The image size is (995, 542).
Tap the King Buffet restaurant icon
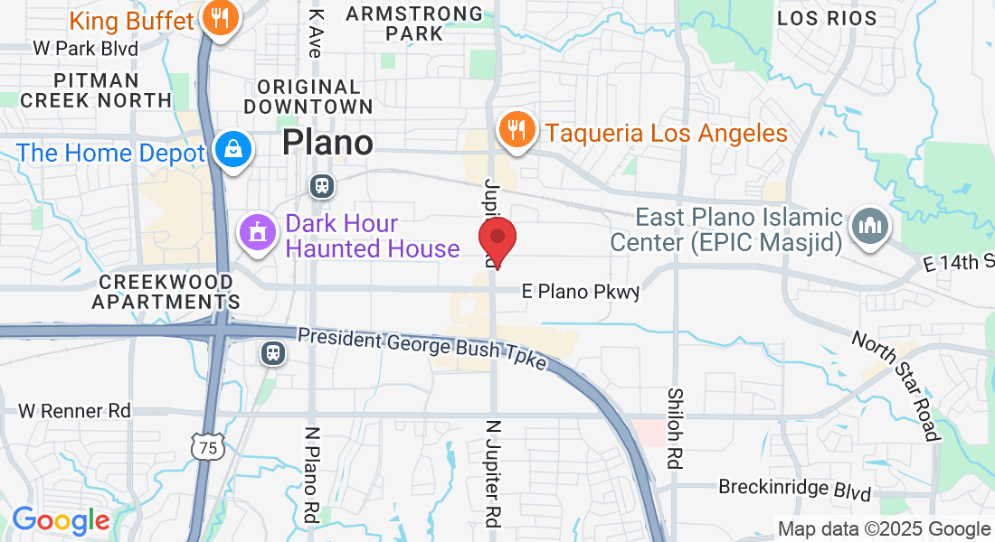coord(220,19)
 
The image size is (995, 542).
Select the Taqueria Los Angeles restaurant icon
coord(516,132)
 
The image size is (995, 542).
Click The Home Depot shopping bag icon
coord(233,151)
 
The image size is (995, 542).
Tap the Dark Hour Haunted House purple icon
coord(257,234)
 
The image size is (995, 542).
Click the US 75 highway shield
coord(209,444)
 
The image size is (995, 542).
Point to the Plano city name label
coord(327,143)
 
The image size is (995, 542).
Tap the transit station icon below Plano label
coord(321,186)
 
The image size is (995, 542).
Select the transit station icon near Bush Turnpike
coord(273,352)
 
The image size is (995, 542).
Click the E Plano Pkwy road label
coord(581,292)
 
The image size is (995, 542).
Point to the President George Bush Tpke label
coord(422,348)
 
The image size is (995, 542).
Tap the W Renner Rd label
coord(74,411)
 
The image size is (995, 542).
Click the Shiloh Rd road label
coord(675,428)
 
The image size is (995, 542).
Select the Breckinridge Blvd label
coord(794,489)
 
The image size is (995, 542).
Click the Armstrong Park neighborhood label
coord(414,23)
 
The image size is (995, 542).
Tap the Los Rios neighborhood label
coord(827,18)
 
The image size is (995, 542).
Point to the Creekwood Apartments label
coord(166,291)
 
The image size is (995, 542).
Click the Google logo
coord(61,521)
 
